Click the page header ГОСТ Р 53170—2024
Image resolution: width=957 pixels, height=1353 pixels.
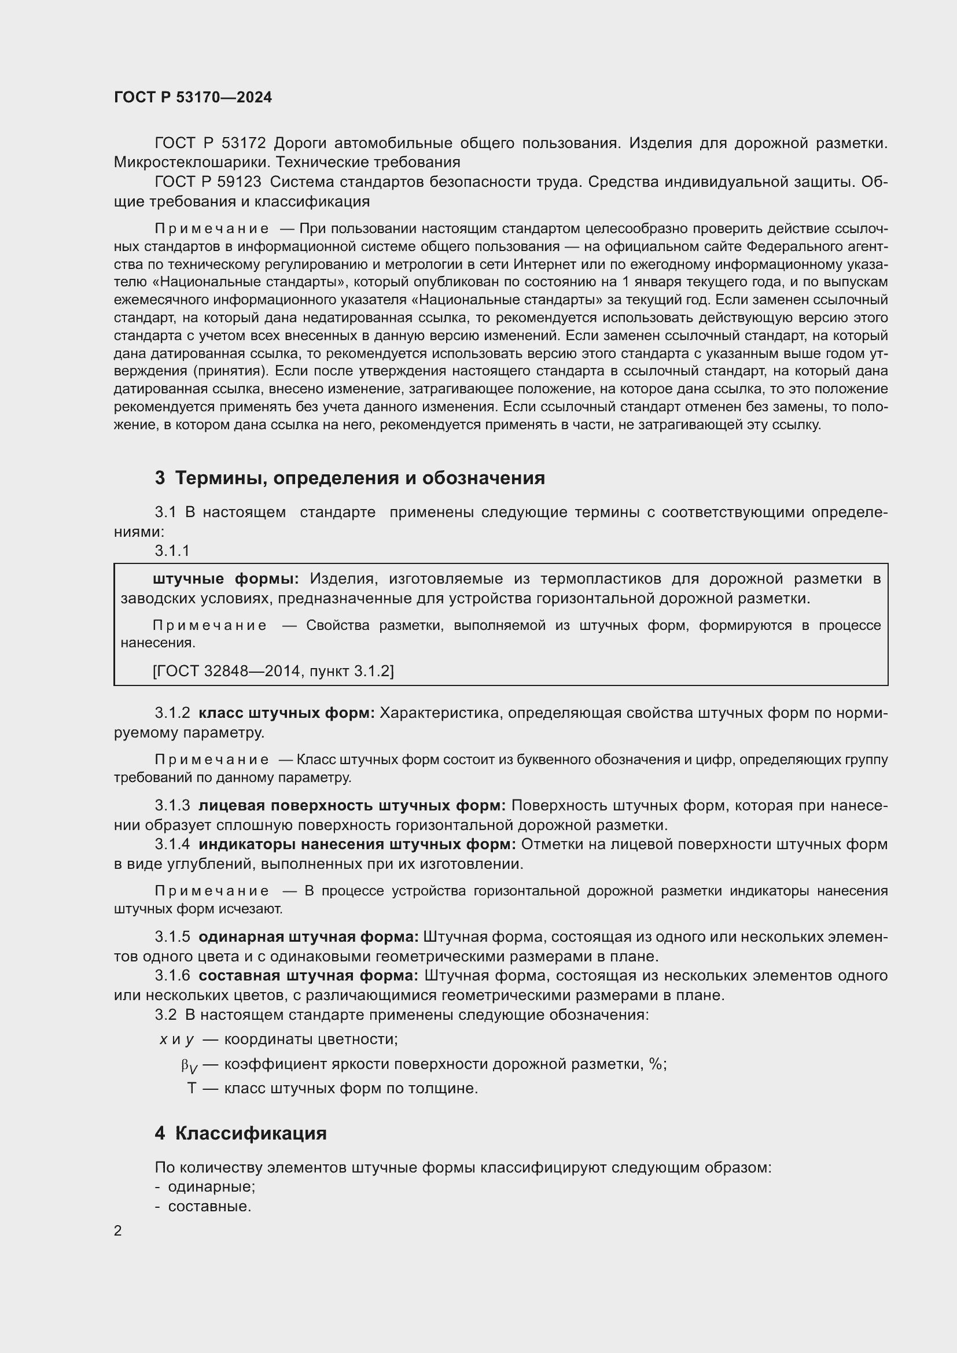pos(193,97)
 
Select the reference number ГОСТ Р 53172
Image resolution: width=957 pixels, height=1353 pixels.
pos(211,143)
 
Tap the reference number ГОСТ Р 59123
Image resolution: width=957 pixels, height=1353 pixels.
pos(208,182)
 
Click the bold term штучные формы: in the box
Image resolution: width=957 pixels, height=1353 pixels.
pos(226,578)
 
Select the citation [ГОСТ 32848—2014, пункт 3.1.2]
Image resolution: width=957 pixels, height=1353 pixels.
pos(273,670)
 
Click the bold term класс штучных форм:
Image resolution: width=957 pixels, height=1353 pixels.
pos(286,713)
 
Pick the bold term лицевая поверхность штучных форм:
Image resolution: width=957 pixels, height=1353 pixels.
pos(352,805)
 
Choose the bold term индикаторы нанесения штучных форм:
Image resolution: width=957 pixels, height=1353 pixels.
pos(357,844)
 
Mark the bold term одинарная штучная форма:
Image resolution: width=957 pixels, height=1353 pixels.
pos(308,937)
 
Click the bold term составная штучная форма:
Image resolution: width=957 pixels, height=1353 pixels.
pos(308,975)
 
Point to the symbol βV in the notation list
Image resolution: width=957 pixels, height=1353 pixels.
pos(189,1065)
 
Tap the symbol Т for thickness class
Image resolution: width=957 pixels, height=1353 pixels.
pos(192,1088)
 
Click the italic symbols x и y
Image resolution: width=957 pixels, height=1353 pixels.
pos(176,1039)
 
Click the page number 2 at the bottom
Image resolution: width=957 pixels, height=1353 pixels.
pos(118,1230)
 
